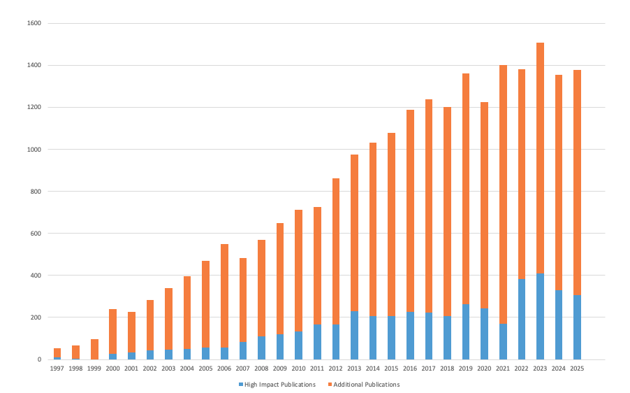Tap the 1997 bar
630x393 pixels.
pyautogui.click(x=57, y=353)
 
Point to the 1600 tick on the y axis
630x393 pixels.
pyautogui.click(x=34, y=23)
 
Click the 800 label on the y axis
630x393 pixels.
pyautogui.click(x=36, y=192)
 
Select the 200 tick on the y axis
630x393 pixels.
pyautogui.click(x=36, y=317)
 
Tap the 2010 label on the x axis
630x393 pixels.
pyautogui.click(x=298, y=369)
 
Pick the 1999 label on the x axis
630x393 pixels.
pyautogui.click(x=94, y=369)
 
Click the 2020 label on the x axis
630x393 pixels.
pyautogui.click(x=484, y=369)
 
